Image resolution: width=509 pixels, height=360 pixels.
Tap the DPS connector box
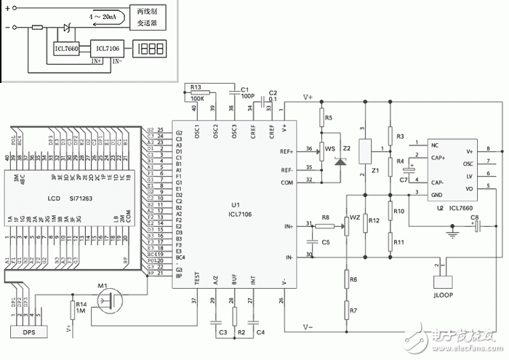coord(28,332)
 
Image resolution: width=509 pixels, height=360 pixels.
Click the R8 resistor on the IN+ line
coord(326,225)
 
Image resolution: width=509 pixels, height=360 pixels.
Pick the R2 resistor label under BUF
coord(234,332)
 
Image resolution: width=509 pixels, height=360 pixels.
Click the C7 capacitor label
coord(403,180)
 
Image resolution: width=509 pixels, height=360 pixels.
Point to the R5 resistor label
coord(329,117)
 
